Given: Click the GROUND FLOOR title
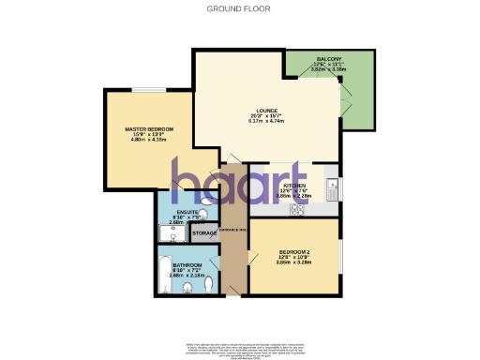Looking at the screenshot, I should coord(240,8).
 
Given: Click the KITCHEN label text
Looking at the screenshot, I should coord(294,186).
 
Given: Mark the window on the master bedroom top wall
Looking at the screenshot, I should coord(145,90).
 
